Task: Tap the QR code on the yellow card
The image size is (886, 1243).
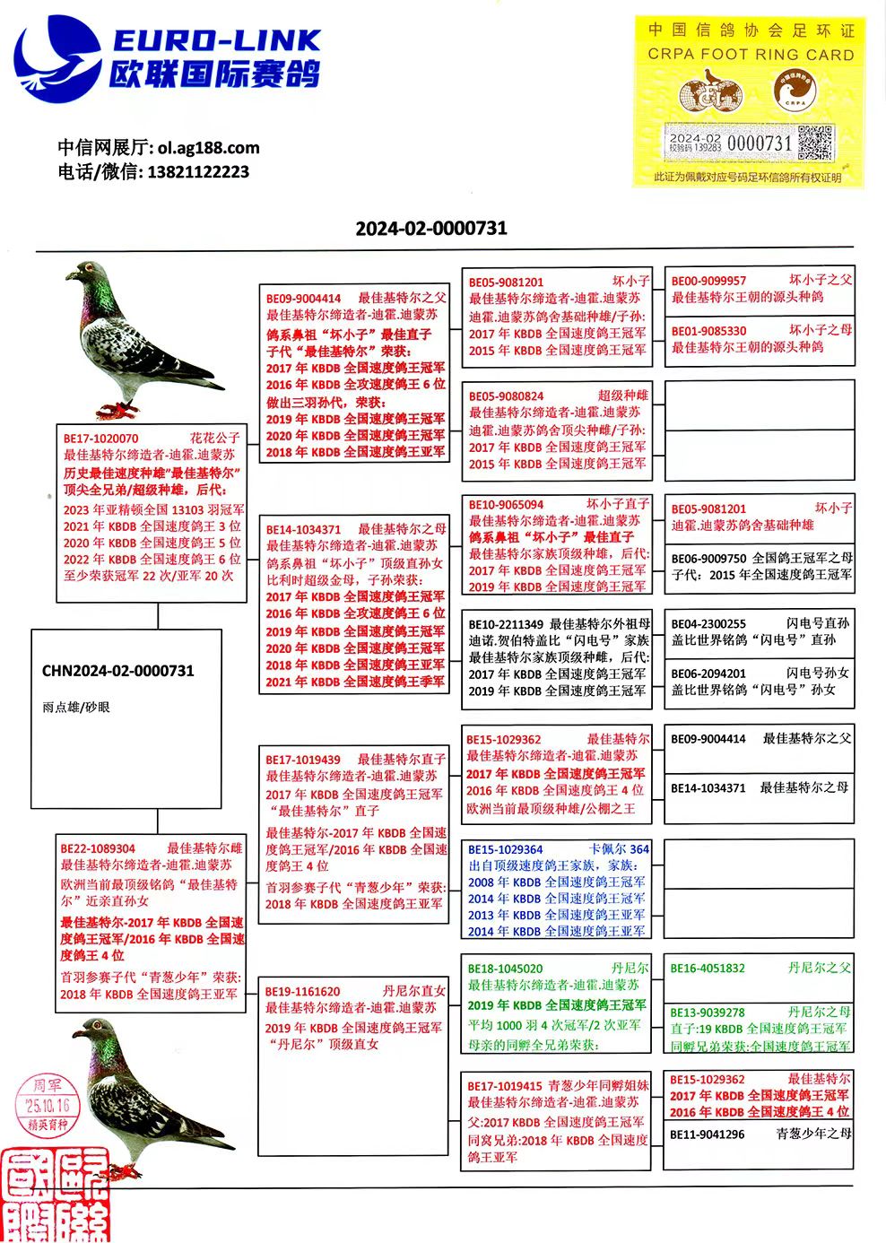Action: [x=815, y=143]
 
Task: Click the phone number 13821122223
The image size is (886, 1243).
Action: [x=198, y=171]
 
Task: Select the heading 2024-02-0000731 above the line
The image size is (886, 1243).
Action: [x=431, y=228]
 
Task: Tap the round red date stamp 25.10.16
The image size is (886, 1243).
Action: [x=47, y=1107]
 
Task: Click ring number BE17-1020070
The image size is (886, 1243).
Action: [x=100, y=439]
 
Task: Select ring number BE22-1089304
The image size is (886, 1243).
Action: [x=98, y=848]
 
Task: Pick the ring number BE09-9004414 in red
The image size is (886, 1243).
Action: [x=303, y=299]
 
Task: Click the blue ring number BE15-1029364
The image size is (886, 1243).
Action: [x=505, y=849]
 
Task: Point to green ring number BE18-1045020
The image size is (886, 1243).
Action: [x=505, y=969]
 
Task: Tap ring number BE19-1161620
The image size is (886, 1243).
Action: [x=302, y=991]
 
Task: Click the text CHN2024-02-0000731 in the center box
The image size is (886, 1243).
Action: [x=117, y=671]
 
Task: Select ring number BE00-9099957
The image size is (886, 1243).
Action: [x=708, y=281]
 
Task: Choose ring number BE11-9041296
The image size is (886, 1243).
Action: [x=707, y=1134]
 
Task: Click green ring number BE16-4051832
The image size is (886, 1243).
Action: [x=708, y=969]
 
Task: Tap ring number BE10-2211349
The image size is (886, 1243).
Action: [x=506, y=624]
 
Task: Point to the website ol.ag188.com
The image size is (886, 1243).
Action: [x=208, y=148]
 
